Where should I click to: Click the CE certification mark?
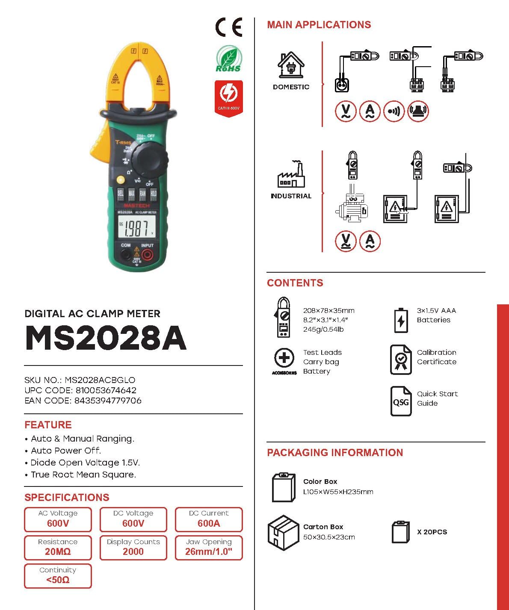(228, 28)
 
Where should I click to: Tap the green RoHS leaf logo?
(228, 59)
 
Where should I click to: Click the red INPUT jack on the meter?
(148, 255)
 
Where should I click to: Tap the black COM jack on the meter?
(126, 255)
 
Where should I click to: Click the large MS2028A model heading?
(106, 339)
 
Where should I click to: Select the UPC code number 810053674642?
(106, 390)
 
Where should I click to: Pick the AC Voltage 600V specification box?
(58, 519)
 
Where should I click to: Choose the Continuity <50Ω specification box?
(58, 576)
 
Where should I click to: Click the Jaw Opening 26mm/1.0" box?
(209, 548)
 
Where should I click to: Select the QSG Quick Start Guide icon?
(401, 401)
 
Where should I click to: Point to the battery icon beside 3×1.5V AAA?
(401, 320)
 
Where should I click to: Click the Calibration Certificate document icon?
(401, 360)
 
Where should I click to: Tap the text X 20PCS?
(432, 532)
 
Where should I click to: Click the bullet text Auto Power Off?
(66, 451)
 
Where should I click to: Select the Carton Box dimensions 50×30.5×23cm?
(329, 537)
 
